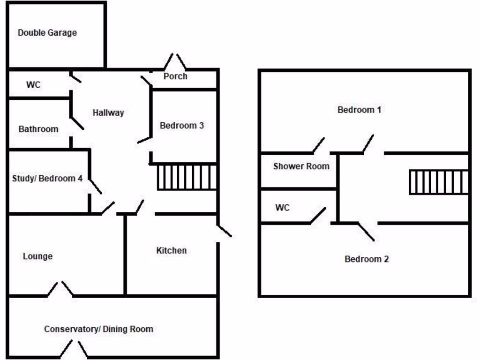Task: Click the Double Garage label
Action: [47, 33]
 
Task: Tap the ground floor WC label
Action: [33, 85]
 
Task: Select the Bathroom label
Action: [38, 129]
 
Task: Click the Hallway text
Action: [108, 112]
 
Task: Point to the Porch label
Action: [175, 76]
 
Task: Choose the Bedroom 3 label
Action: [182, 126]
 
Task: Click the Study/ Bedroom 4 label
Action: [47, 179]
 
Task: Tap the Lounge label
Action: [37, 256]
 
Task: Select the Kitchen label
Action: [172, 251]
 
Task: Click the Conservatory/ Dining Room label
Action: [98, 329]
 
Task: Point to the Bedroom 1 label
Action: [360, 110]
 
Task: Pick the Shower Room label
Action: [301, 166]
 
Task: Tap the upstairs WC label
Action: [282, 207]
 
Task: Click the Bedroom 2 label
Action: [367, 259]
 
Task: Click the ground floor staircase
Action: [187, 177]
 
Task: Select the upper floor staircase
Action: [439, 182]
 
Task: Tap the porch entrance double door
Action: [174, 61]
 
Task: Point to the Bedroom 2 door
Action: [367, 230]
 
